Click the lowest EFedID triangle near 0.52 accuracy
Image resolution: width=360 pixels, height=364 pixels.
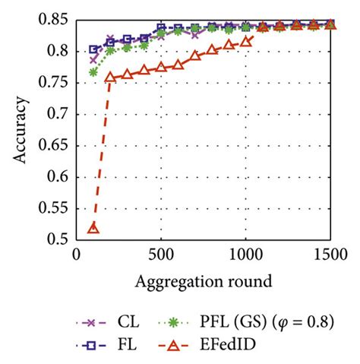pos(93,227)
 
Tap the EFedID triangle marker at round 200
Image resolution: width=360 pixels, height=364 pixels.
pos(110,77)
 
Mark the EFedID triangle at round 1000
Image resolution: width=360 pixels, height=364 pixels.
pos(245,41)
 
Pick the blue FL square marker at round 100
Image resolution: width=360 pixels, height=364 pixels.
pos(93,49)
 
